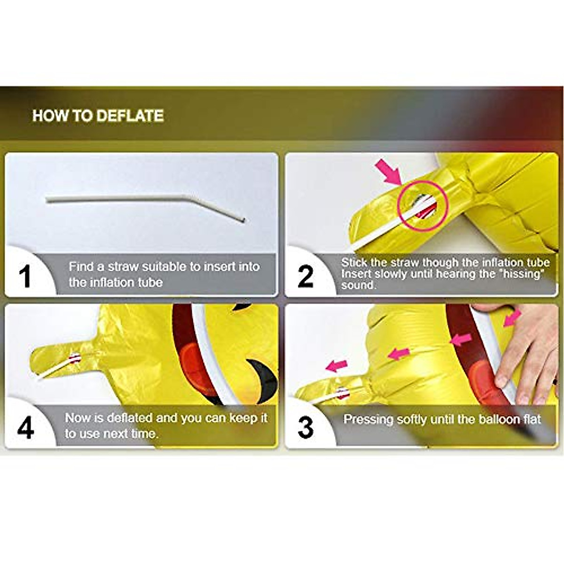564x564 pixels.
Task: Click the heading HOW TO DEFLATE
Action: click(98, 116)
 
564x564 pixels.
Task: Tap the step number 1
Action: click(24, 276)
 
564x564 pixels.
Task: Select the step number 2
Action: click(305, 276)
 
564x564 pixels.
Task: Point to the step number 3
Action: click(305, 427)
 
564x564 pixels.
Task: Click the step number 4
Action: click(25, 427)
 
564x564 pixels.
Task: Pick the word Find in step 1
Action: click(80, 266)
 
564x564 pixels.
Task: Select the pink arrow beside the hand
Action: click(511, 318)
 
